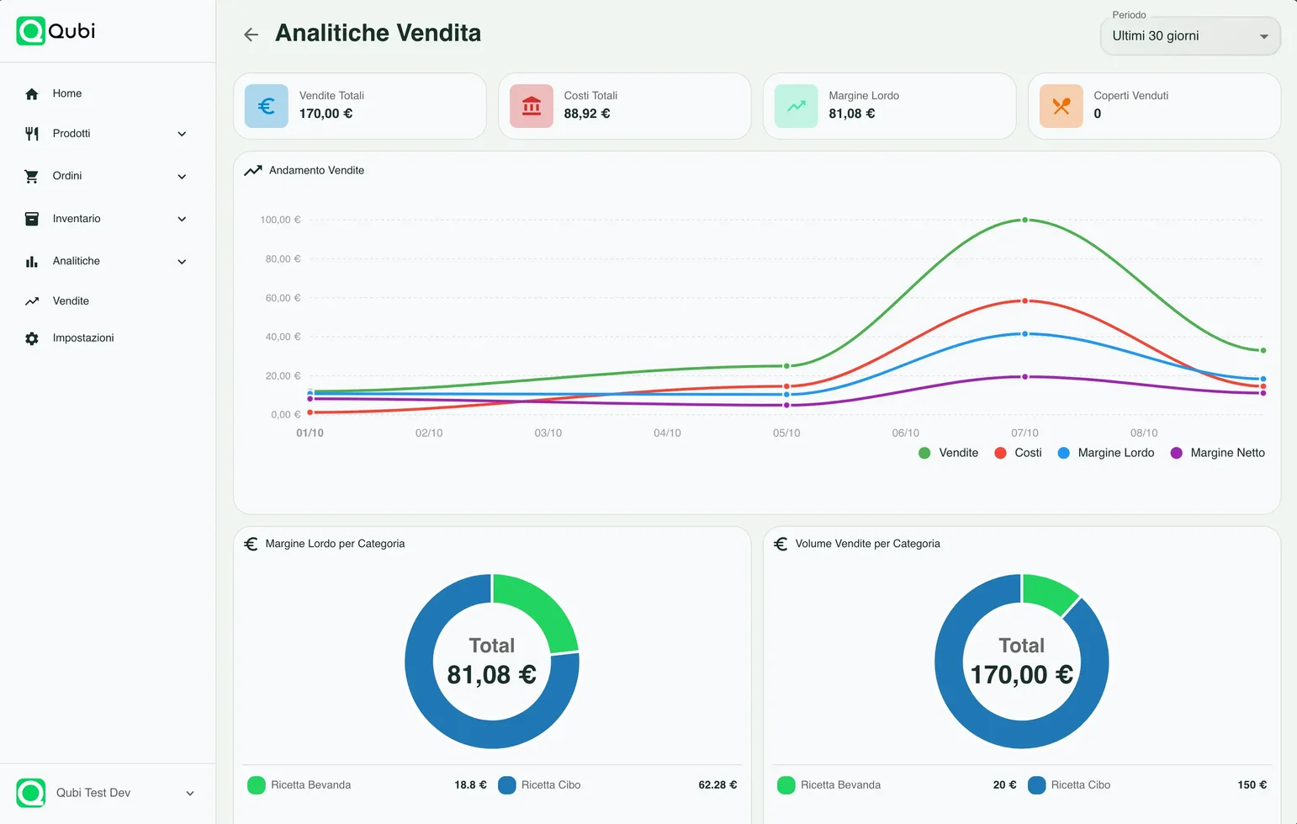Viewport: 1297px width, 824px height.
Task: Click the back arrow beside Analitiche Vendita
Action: pos(251,35)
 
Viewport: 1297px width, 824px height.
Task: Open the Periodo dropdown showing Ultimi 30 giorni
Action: pos(1189,36)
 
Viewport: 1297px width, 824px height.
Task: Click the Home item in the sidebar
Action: pos(67,93)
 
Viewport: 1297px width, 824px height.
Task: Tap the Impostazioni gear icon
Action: pos(32,338)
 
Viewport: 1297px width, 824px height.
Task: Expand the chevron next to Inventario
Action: pos(182,219)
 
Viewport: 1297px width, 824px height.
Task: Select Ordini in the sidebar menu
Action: pos(67,176)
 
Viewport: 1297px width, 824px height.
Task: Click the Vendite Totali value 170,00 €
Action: pos(326,114)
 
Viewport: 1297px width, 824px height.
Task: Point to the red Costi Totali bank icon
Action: pos(532,106)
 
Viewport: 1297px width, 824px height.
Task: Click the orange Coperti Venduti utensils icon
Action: pos(1061,106)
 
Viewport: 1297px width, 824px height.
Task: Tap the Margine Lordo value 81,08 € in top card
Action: pos(851,114)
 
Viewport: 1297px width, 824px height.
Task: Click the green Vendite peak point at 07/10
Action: pos(1024,220)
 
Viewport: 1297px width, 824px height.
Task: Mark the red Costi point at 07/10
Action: pos(1024,300)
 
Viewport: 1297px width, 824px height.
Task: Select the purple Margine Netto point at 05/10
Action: pos(786,405)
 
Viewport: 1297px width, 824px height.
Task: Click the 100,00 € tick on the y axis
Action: pos(280,220)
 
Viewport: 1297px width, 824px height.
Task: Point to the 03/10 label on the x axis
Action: pos(548,433)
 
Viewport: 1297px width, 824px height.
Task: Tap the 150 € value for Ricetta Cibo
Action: pos(1252,784)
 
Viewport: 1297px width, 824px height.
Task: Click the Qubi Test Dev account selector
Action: pos(106,793)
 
